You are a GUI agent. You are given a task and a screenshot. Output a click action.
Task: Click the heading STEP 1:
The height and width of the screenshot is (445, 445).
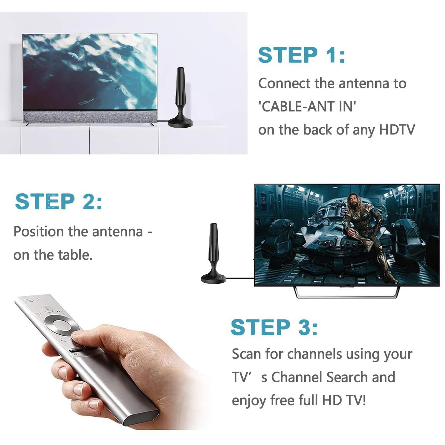tap(302, 55)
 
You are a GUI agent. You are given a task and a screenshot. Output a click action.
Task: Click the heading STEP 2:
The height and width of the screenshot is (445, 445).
tap(59, 202)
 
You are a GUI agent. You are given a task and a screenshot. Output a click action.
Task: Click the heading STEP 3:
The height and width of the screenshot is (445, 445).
tap(274, 327)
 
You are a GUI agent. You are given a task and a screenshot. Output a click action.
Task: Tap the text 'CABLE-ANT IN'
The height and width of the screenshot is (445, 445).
tap(307, 106)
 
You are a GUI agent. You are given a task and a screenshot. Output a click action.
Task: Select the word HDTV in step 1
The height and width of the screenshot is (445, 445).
tap(397, 130)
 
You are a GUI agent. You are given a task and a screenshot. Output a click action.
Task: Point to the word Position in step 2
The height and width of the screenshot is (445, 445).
tap(39, 232)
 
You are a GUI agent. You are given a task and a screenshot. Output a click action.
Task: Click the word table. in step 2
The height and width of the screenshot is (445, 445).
tap(75, 255)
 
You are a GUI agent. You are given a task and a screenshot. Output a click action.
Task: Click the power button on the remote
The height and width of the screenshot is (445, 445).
tap(28, 300)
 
